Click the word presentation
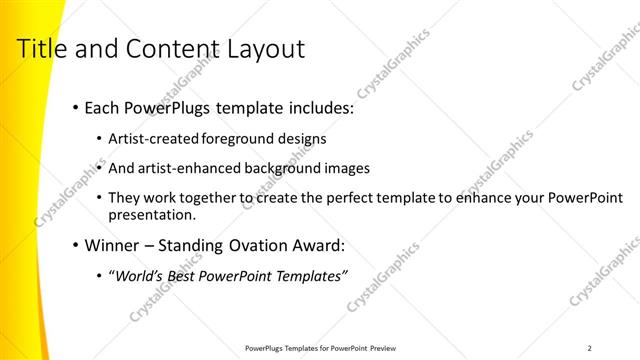point(153,215)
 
